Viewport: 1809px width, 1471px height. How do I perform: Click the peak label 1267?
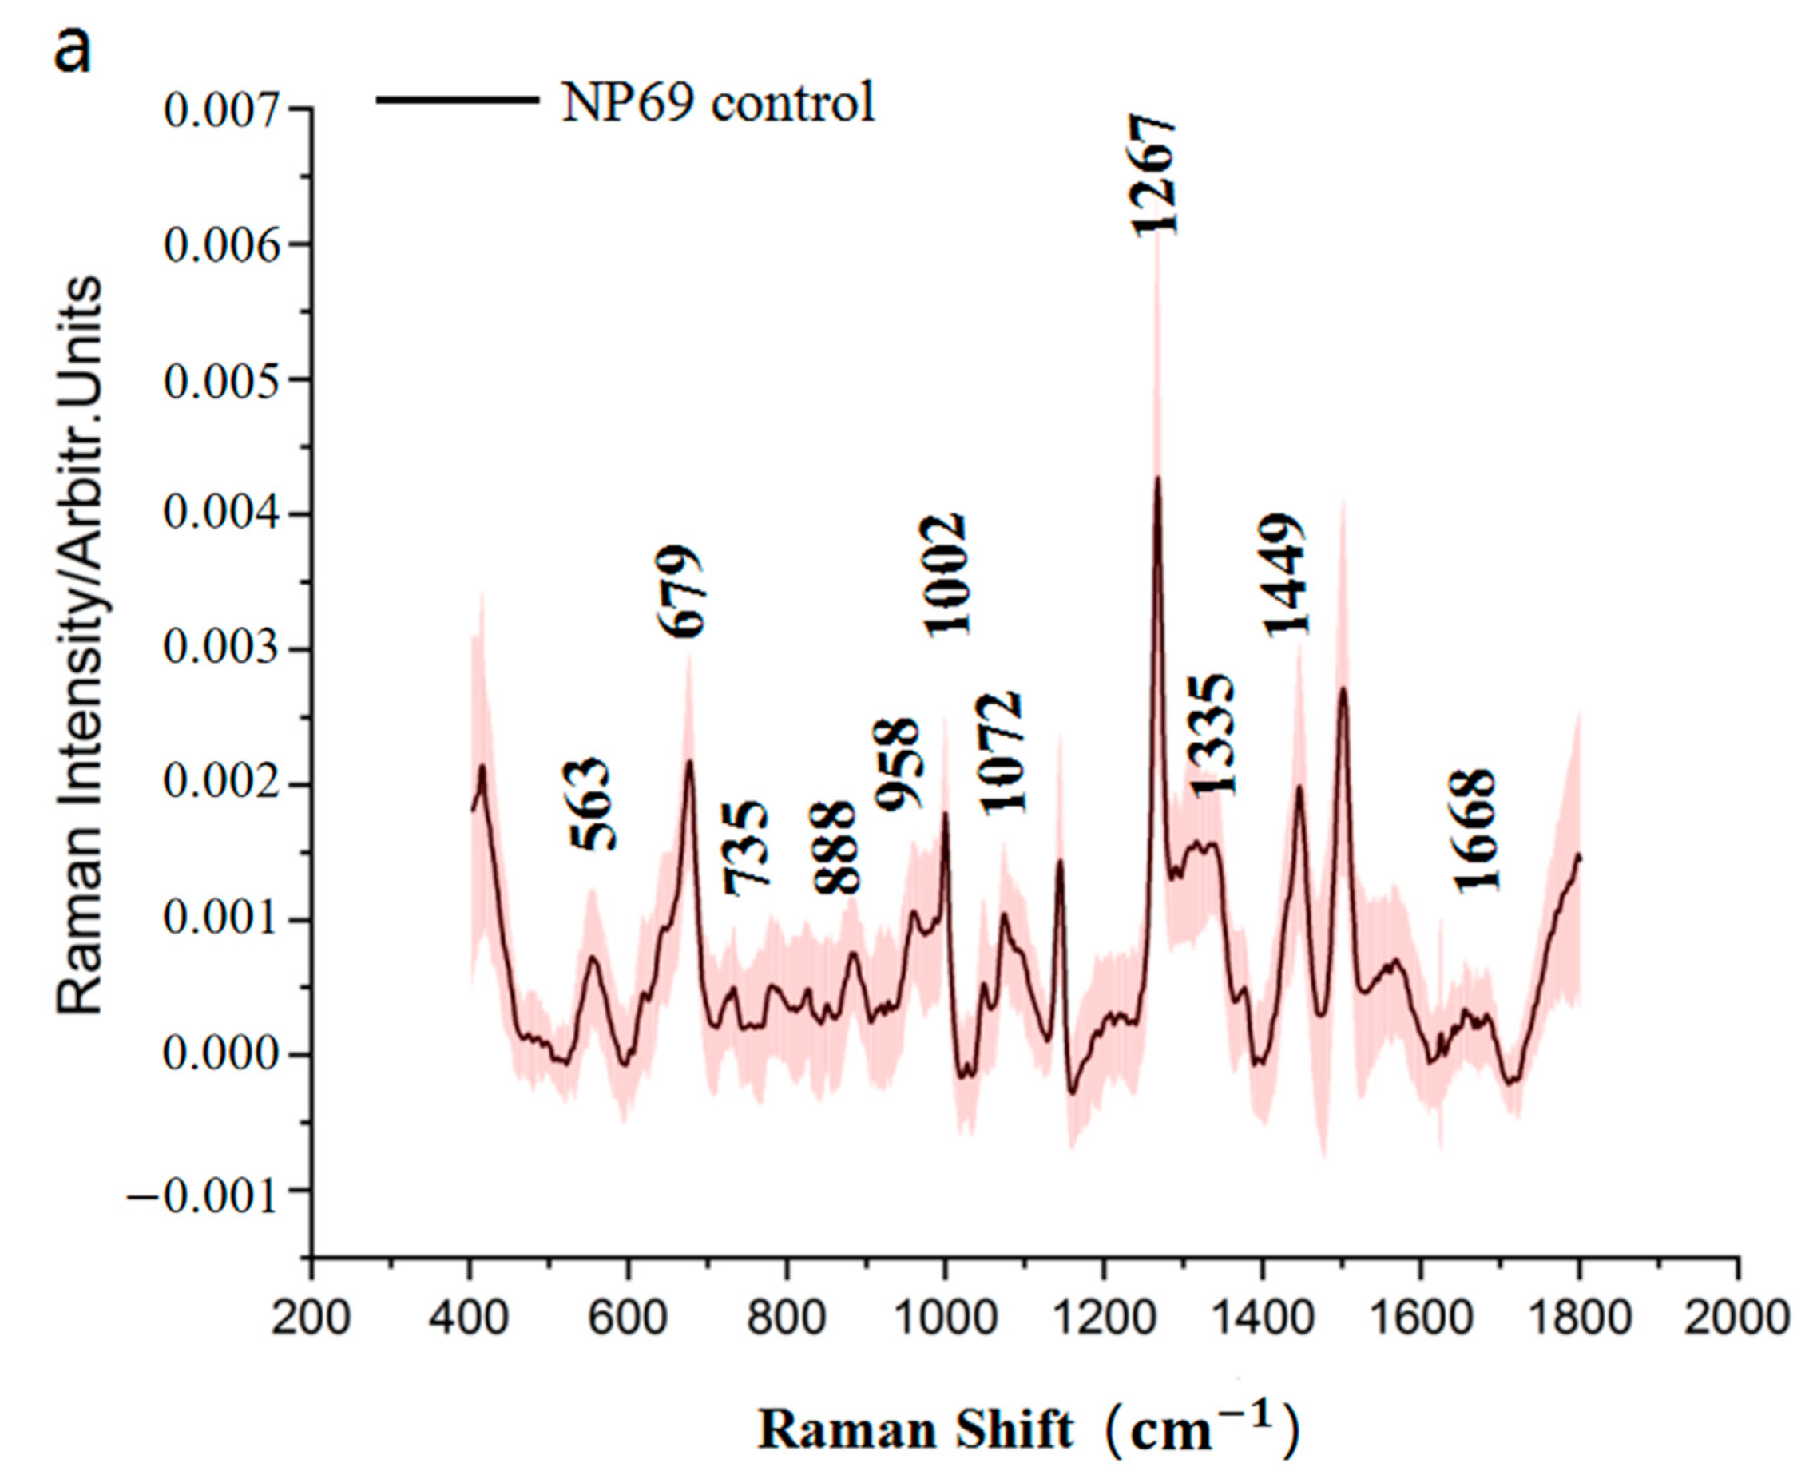pyautogui.click(x=1153, y=176)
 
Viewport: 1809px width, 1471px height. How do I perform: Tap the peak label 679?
pyautogui.click(x=680, y=592)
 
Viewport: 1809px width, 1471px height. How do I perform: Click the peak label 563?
pyautogui.click(x=590, y=804)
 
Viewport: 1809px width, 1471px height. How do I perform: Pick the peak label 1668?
pyautogui.click(x=1476, y=831)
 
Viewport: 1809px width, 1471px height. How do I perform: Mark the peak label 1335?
pyautogui.click(x=1213, y=735)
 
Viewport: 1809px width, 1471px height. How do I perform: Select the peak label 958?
pyautogui.click(x=895, y=765)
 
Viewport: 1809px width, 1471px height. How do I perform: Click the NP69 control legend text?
pyautogui.click(x=719, y=103)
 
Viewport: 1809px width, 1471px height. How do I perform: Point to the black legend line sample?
pyautogui.click(x=457, y=100)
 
